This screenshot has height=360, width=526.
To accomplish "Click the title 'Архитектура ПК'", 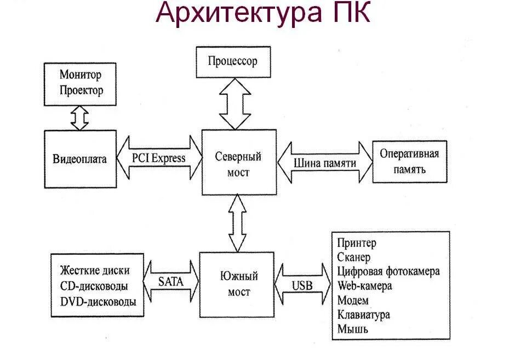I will click(263, 14).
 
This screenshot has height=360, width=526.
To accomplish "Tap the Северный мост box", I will click(238, 163).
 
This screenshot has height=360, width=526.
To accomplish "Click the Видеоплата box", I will click(81, 159).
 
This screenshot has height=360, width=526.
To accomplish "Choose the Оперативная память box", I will click(409, 161).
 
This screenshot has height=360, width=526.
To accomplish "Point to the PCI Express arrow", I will click(159, 158).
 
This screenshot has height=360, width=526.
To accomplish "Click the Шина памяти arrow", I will click(325, 163).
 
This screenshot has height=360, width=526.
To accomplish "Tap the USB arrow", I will click(302, 285).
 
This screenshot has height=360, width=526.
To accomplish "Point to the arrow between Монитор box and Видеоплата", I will click(80, 118).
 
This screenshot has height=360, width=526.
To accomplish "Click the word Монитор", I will click(81, 75).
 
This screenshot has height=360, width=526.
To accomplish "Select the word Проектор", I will click(81, 90).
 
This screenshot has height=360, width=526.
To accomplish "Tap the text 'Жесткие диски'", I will click(96, 270).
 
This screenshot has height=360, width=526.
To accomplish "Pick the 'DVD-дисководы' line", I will click(98, 301).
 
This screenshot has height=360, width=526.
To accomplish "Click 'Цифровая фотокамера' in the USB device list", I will click(388, 271).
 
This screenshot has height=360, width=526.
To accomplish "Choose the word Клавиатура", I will click(363, 315).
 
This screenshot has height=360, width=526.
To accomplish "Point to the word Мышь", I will click(353, 329).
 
